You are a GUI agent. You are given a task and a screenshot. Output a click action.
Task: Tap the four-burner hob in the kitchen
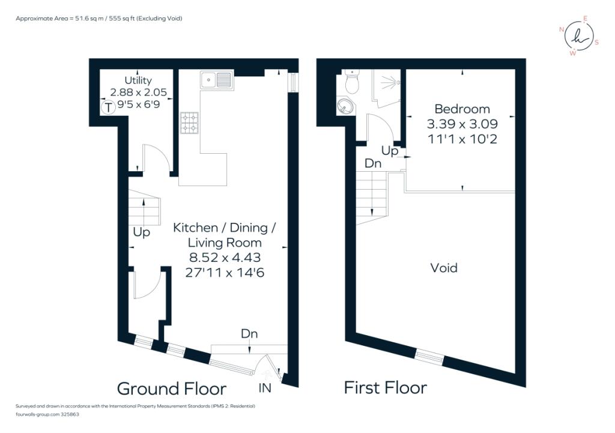tap(189, 123)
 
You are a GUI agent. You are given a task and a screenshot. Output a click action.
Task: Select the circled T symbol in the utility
tap(108, 108)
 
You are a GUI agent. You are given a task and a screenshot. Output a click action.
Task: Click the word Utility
tap(138, 80)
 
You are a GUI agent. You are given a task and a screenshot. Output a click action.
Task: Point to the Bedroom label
tap(462, 109)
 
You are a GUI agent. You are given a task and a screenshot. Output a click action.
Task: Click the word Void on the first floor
tap(444, 268)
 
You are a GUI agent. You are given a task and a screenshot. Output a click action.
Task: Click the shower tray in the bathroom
tap(386, 86)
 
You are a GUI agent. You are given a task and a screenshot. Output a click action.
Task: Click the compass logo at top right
tap(578, 37)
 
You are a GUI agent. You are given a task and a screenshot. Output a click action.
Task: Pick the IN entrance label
tap(265, 389)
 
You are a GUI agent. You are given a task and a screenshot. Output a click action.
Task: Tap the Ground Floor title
tap(171, 389)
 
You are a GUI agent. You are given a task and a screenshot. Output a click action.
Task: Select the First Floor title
tap(385, 388)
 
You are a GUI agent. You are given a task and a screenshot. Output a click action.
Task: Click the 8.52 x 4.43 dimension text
tap(225, 258)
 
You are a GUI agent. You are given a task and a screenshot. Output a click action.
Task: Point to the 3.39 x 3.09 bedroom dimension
tap(462, 124)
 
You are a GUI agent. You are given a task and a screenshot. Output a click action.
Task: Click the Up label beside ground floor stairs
tap(141, 232)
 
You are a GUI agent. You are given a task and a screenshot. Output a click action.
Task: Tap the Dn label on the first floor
tap(373, 163)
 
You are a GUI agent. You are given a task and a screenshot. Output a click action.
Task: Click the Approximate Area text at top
tap(98, 19)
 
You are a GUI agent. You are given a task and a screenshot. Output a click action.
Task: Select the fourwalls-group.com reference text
tap(47, 414)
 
